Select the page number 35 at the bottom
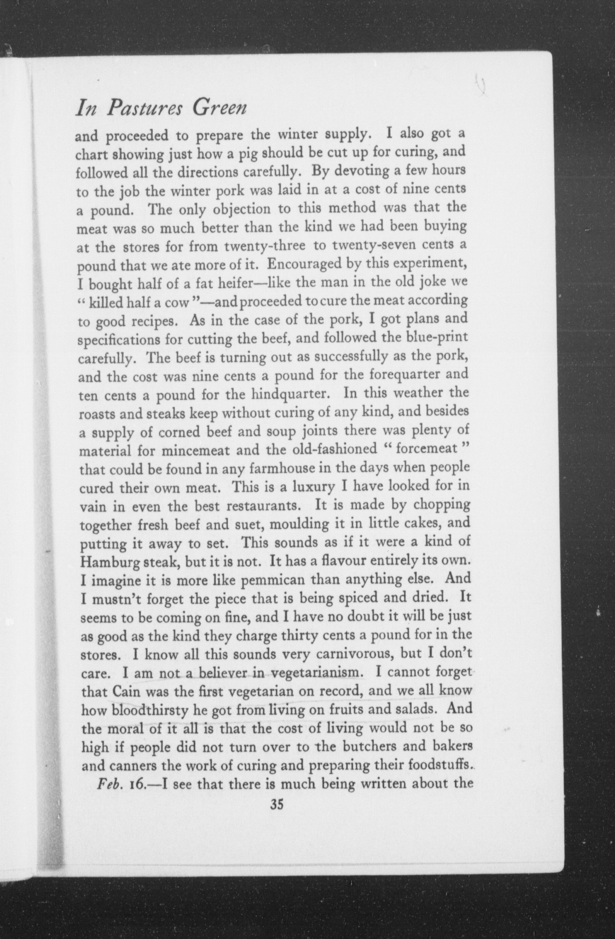point(277,804)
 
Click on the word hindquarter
point(287,394)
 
